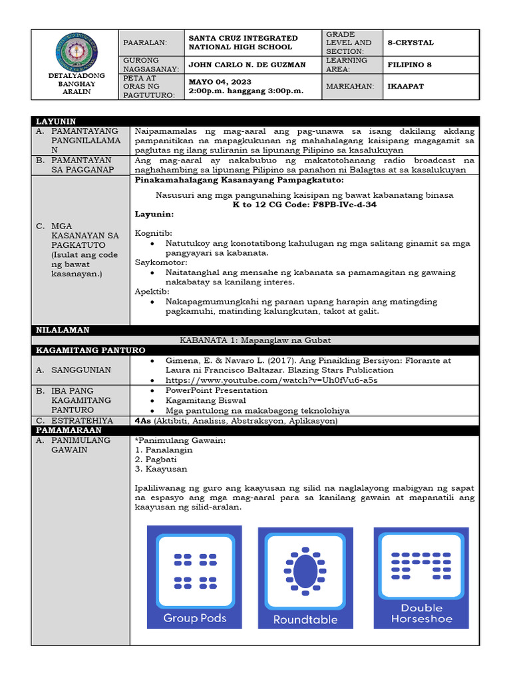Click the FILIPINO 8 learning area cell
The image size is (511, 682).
point(409,65)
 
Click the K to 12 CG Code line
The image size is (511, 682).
point(304,204)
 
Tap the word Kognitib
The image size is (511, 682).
point(153,234)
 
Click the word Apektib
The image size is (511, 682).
point(151,292)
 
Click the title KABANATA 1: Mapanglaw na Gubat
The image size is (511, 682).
point(304,340)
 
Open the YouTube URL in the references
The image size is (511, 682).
point(271,380)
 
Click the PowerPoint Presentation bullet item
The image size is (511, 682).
point(216,390)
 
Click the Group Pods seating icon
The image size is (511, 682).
point(194,577)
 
